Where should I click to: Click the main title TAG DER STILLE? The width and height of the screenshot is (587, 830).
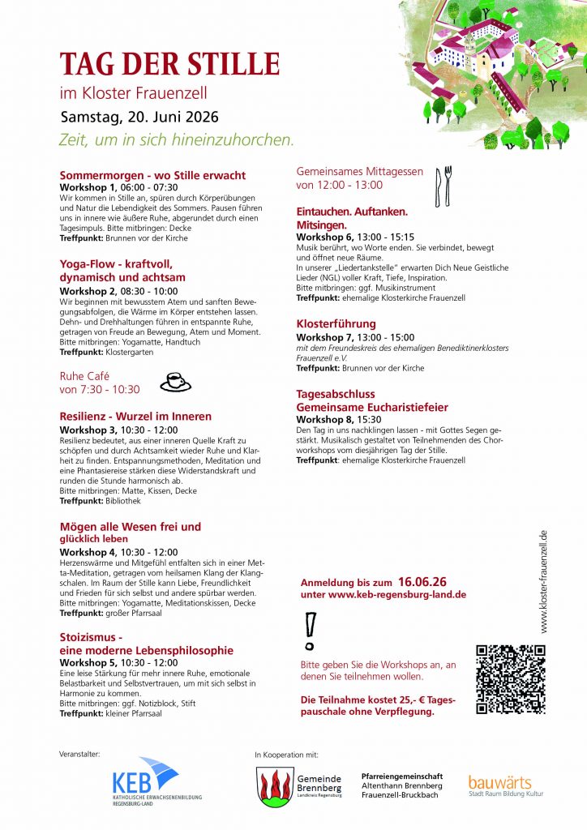point(169,63)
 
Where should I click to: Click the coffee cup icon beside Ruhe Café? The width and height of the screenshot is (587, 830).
point(175,382)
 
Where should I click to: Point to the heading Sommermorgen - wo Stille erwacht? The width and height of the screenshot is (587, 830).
point(152,175)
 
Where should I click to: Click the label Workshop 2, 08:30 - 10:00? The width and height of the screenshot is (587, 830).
point(119,291)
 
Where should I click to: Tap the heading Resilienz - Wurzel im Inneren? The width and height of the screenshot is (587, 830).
point(135,417)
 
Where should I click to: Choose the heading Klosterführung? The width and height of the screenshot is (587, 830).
point(336,324)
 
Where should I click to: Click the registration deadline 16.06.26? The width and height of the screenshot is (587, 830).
point(422,582)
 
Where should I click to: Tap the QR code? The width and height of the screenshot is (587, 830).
point(510,678)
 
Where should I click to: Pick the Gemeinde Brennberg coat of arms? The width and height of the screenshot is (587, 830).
point(273,786)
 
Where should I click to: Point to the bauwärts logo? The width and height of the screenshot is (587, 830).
point(500,785)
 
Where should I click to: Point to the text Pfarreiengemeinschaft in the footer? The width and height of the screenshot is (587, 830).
point(402,776)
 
